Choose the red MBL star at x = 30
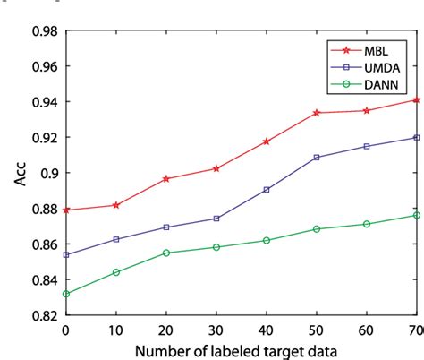click(217, 168)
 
